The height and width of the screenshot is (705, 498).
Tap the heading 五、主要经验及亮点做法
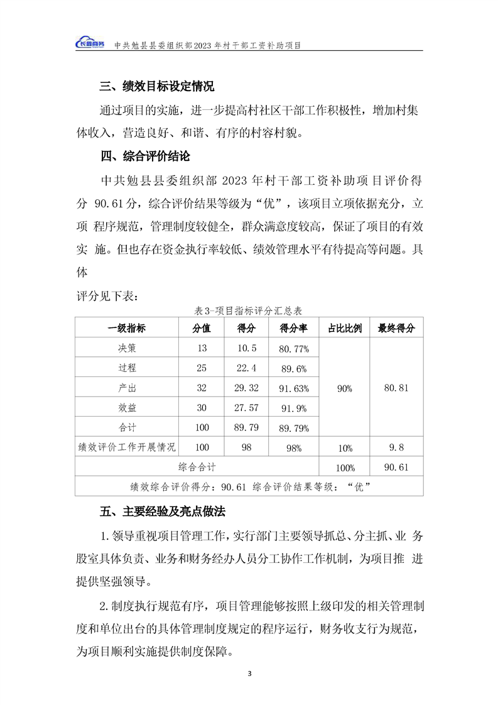162,511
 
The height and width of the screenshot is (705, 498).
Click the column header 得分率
293,328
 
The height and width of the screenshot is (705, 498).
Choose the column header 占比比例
345,328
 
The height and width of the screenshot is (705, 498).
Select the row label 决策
127,348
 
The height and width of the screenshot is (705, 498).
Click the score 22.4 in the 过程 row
246,368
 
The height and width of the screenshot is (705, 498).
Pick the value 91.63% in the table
293,388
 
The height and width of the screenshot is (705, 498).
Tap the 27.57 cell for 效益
246,408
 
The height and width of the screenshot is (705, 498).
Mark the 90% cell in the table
345,388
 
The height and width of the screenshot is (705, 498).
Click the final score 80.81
396,388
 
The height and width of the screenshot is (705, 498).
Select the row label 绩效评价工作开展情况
127,447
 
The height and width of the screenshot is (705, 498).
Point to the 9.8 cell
396,447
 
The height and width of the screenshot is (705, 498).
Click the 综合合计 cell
197,467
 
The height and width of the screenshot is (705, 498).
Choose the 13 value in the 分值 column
202,348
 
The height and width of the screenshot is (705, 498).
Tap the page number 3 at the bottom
249,674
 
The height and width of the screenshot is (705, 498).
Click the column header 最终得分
396,328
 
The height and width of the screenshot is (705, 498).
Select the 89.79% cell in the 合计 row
293,428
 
